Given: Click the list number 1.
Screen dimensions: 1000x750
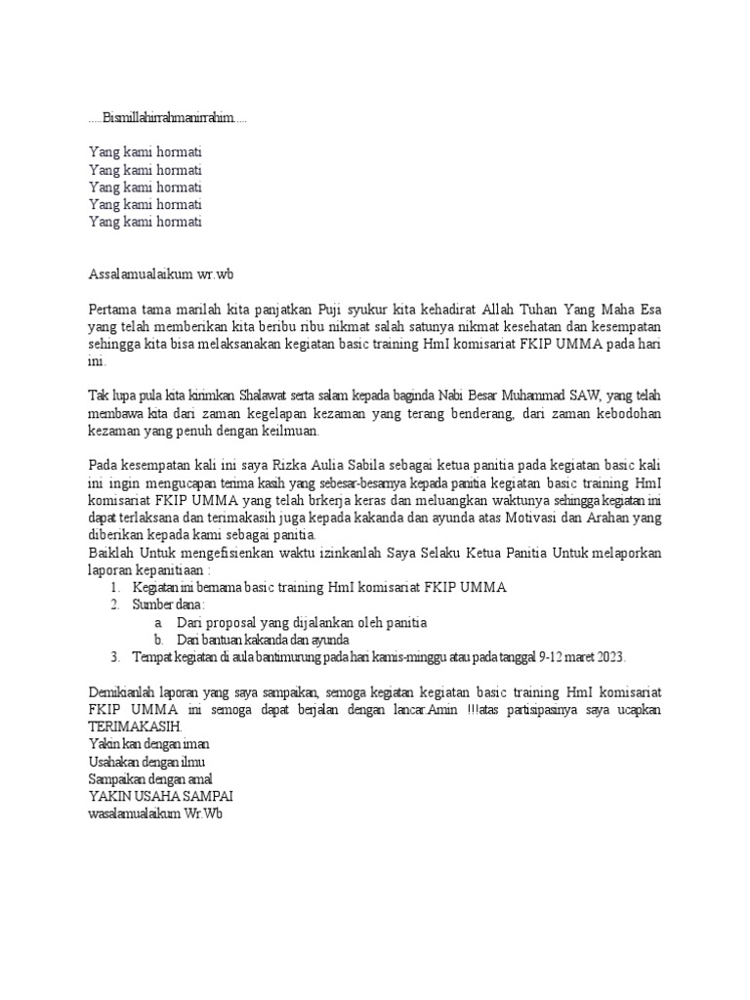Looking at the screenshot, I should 114,587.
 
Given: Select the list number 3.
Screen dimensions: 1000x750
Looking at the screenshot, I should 114,656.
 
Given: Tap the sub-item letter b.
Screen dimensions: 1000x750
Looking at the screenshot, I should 158,640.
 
